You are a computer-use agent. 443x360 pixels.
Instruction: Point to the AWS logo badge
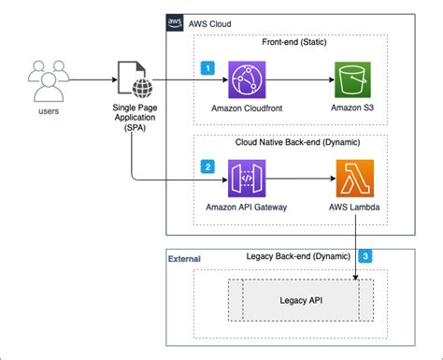[176, 22]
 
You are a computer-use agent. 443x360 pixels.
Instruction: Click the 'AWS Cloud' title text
[211, 22]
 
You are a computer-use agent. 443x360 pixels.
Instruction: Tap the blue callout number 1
[208, 68]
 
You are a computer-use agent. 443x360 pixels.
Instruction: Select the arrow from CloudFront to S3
[305, 80]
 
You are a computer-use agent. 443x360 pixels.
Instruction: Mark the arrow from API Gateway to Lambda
[305, 178]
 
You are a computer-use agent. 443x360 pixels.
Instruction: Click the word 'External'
[184, 258]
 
